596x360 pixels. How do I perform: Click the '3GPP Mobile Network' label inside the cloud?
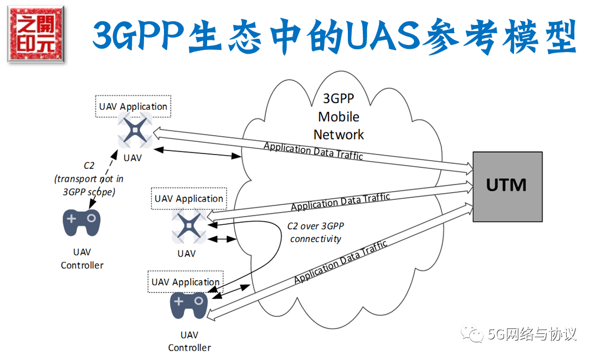(x=338, y=117)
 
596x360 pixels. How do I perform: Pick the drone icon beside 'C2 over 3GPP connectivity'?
(x=188, y=227)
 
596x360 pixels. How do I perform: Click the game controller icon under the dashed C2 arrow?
(x=81, y=222)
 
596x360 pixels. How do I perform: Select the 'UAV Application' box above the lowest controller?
(x=186, y=282)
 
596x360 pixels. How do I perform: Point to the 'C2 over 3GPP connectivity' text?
(x=316, y=233)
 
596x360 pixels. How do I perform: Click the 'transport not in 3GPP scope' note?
(x=89, y=178)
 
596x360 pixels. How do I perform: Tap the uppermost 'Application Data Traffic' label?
(x=313, y=151)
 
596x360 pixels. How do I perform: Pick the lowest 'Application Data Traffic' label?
(x=340, y=262)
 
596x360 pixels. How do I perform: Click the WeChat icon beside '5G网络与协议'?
(x=474, y=334)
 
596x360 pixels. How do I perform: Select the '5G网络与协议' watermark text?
(x=532, y=334)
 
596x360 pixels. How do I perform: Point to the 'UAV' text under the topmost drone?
(x=133, y=157)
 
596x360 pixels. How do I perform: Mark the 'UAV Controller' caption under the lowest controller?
(x=189, y=341)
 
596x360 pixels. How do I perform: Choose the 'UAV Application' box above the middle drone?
(x=188, y=198)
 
